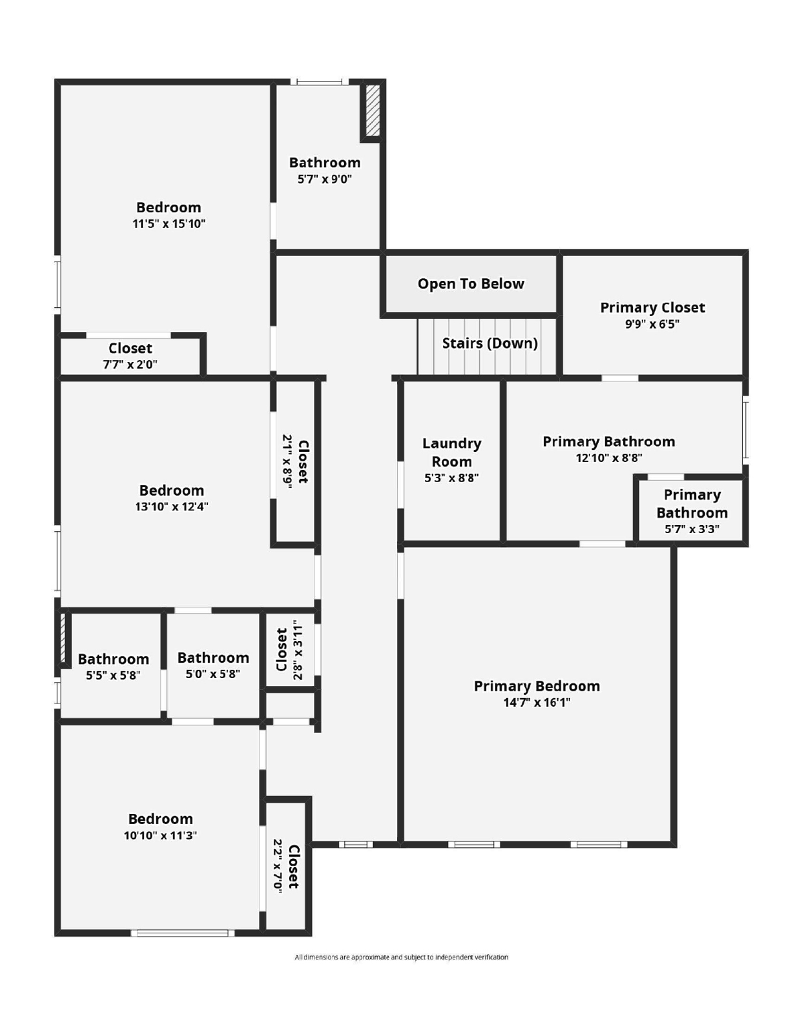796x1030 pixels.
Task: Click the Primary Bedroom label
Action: (536, 686)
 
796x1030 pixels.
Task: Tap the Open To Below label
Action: (471, 284)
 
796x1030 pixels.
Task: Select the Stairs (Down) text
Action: (490, 343)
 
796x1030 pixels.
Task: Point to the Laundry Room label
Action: (451, 453)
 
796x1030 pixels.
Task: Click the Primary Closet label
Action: (652, 307)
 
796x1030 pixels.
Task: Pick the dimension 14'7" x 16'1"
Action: (536, 703)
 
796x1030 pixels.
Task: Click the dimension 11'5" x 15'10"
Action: (168, 224)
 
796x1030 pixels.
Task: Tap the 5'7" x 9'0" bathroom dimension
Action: (325, 179)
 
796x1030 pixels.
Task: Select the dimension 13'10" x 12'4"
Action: (172, 507)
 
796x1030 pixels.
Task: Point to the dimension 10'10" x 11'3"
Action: (160, 836)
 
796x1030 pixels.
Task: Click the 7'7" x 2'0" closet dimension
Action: (130, 365)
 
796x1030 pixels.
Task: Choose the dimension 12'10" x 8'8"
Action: (608, 458)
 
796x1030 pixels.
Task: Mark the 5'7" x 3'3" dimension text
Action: (691, 529)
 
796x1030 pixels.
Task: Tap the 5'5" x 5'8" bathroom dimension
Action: (113, 675)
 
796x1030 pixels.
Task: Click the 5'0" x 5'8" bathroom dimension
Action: (213, 674)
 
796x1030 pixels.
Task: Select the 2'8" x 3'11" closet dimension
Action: (298, 649)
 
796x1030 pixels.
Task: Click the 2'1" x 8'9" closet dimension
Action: (287, 461)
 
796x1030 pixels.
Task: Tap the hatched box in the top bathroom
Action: (373, 110)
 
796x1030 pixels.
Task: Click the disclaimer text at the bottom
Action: (401, 957)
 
